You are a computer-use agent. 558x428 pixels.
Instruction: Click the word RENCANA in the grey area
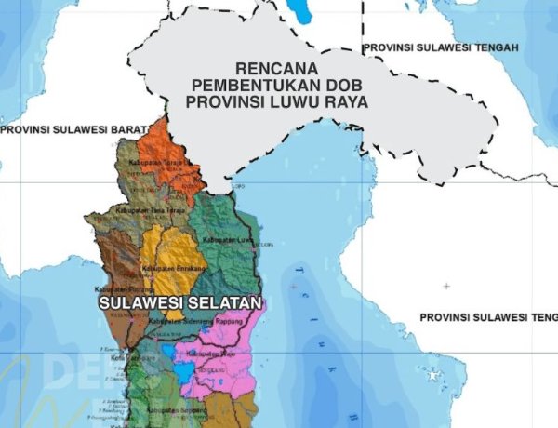(x=278, y=69)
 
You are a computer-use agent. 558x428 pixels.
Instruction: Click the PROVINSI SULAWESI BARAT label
(x=74, y=130)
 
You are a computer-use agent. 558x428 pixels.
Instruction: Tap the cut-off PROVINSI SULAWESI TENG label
(x=488, y=317)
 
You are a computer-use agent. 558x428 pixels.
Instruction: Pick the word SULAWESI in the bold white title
(x=137, y=303)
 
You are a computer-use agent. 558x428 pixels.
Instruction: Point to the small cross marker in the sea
(x=446, y=286)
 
